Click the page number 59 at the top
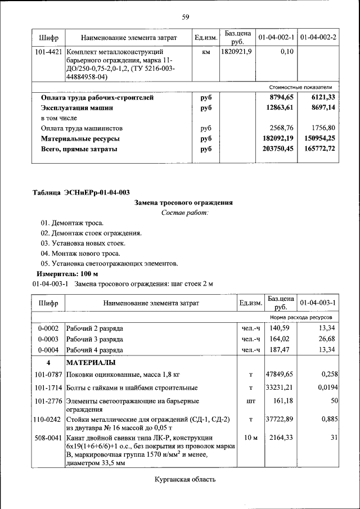point(185,16)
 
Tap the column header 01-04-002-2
point(318,38)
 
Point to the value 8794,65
point(282,98)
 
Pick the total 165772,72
point(317,148)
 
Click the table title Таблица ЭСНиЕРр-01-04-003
point(81,193)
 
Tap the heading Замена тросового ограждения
point(184,202)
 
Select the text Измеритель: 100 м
point(67,273)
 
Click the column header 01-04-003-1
point(318,303)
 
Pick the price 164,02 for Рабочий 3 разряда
point(279,339)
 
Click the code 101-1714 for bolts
point(48,388)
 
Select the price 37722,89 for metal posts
point(281,419)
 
